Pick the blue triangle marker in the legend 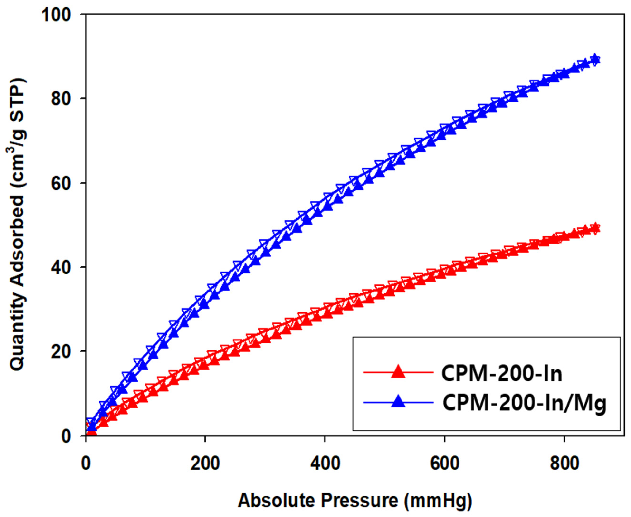click(398, 402)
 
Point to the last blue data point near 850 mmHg click(595, 59)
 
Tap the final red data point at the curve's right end click(595, 228)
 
